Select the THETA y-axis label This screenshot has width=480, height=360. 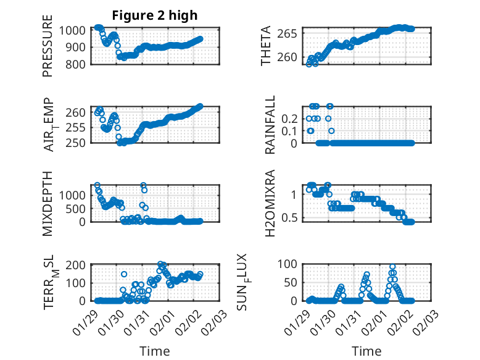(266, 46)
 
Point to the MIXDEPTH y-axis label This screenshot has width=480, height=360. (48, 203)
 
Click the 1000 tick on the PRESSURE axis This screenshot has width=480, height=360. (76, 30)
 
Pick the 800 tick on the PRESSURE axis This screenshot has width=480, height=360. (79, 64)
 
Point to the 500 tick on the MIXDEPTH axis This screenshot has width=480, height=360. (79, 208)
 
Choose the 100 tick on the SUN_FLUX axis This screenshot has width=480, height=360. (291, 264)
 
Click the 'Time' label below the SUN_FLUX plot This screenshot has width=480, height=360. (366, 351)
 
